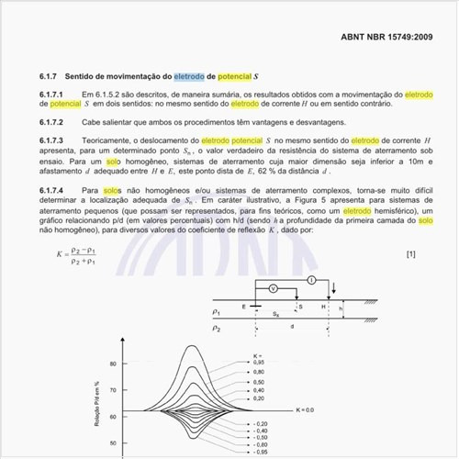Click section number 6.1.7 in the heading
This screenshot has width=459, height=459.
pyautogui.click(x=50, y=75)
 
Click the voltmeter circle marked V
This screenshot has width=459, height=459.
pyautogui.click(x=272, y=287)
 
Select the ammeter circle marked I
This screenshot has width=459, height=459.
pyautogui.click(x=311, y=278)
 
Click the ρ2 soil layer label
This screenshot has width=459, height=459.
pyautogui.click(x=218, y=328)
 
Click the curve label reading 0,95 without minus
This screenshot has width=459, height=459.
pyautogui.click(x=260, y=362)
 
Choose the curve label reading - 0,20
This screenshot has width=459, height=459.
pyautogui.click(x=259, y=424)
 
